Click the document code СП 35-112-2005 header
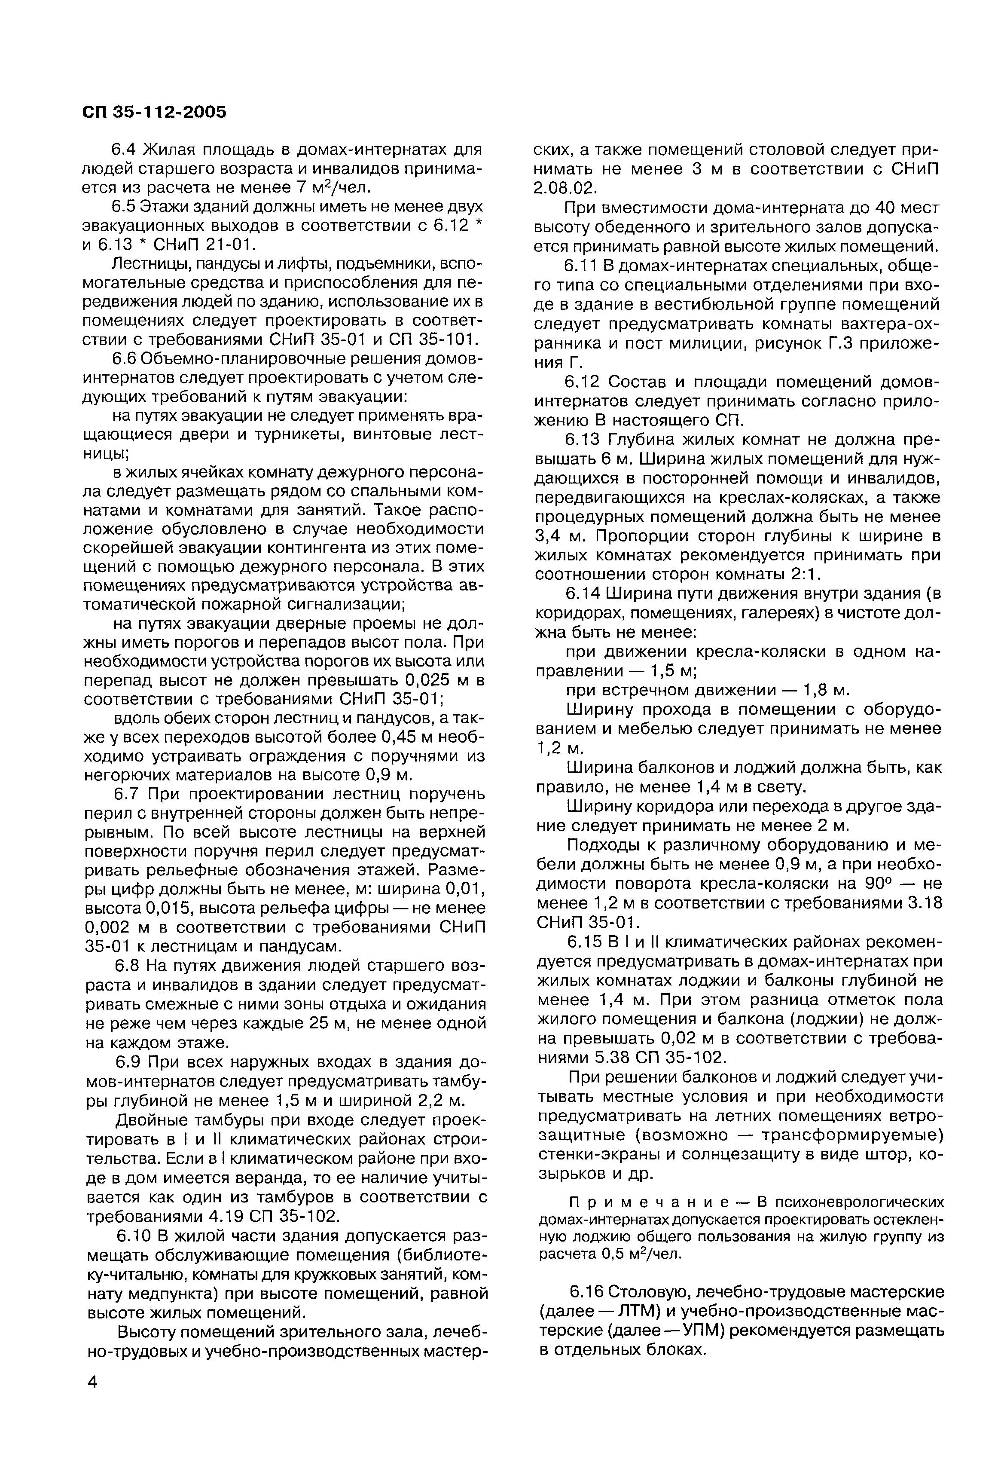click(154, 112)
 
